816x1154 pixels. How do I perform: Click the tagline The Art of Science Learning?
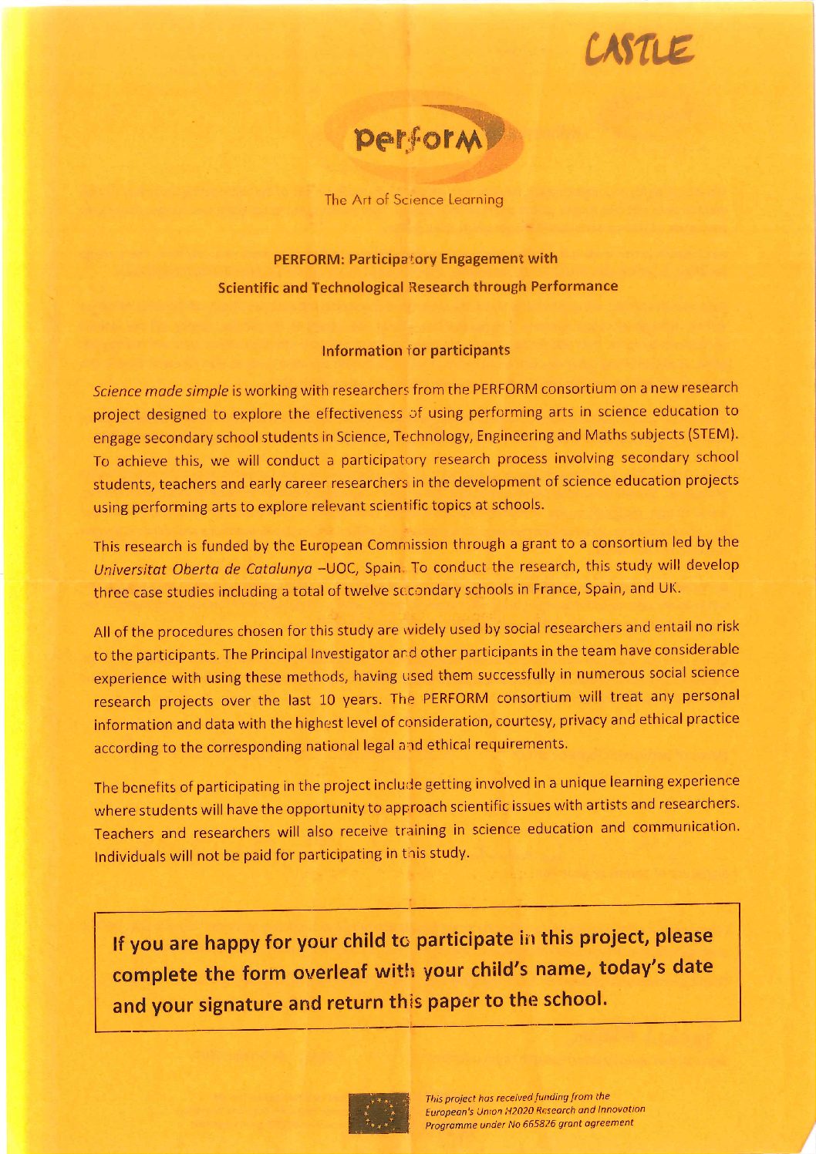click(414, 200)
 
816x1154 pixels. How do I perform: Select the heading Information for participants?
click(416, 351)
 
